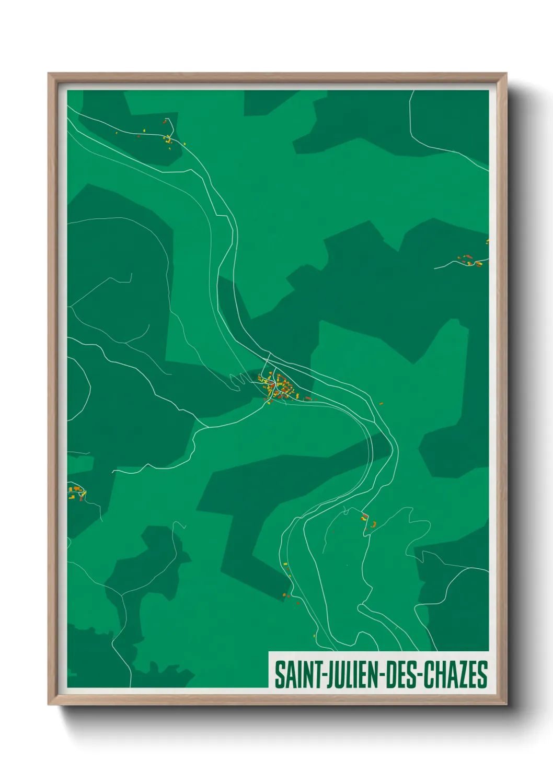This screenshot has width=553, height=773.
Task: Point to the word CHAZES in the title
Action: coord(455,675)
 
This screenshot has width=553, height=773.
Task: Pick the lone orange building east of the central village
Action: coord(381,403)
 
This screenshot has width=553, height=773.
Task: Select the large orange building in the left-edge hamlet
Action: coord(76,488)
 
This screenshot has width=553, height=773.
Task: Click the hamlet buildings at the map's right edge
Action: coord(468,260)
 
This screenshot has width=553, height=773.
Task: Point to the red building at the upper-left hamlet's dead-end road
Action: coord(165,122)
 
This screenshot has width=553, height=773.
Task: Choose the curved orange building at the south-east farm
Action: coord(373,524)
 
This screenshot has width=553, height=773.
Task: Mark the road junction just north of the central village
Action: coord(269,360)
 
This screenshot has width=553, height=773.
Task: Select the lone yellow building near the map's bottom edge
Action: coord(314,636)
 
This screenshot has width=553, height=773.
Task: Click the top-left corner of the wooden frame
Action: coord(49,74)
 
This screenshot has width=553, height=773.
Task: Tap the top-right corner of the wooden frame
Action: coord(506,74)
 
